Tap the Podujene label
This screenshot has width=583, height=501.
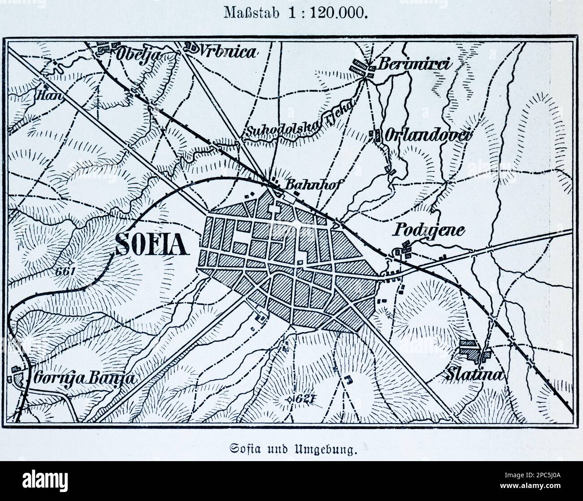click(x=429, y=230)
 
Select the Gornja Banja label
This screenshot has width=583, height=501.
click(x=84, y=378)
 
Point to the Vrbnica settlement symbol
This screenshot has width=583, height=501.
click(x=192, y=47)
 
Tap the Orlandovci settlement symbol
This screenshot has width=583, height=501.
click(x=375, y=134)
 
